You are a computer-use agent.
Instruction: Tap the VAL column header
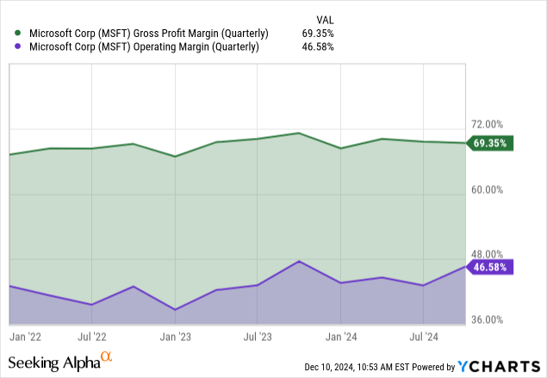[326, 17]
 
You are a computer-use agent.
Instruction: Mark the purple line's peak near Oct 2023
[298, 261]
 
